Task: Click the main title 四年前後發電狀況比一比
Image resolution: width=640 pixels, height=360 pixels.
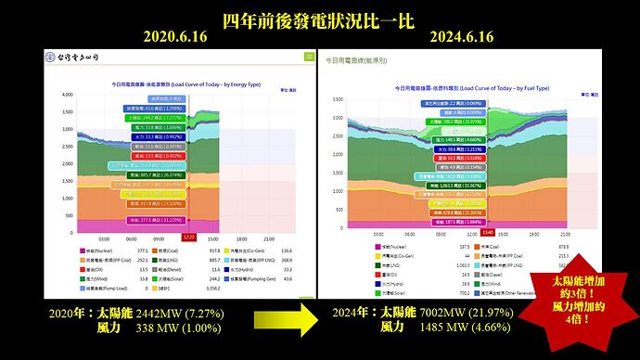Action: [320, 19]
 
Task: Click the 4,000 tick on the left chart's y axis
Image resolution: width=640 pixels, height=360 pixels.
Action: [66, 95]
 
